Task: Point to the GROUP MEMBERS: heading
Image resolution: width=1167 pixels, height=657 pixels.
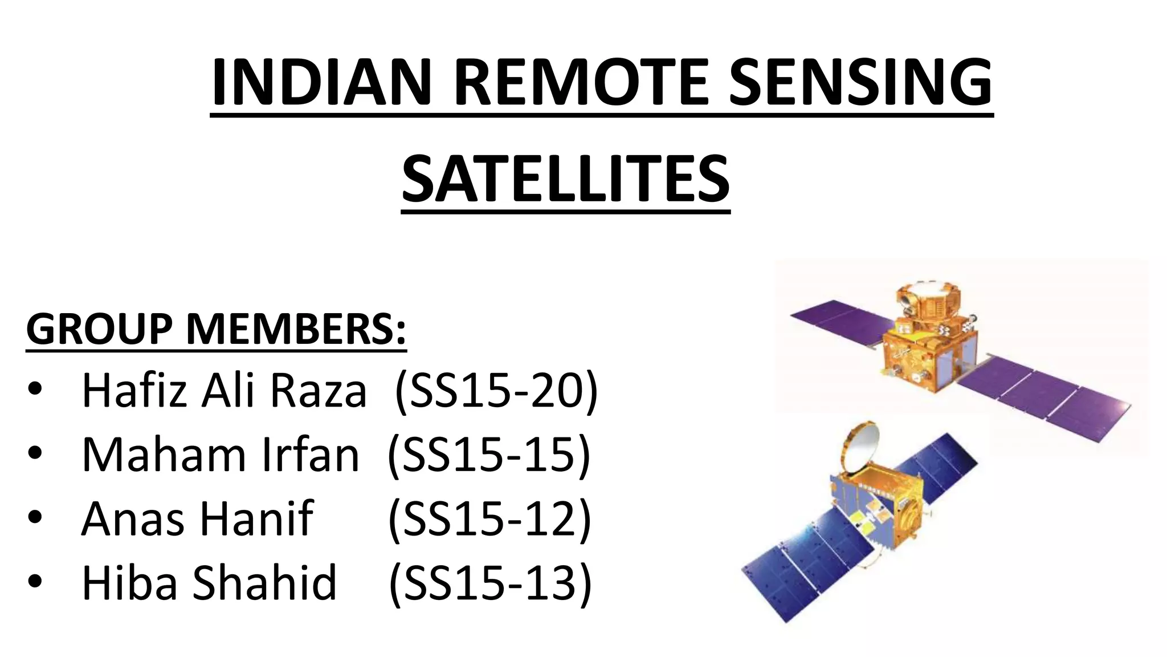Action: point(217,330)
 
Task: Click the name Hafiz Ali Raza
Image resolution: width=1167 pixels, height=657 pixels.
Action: point(224,391)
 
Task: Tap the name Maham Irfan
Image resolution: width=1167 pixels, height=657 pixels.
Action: point(221,455)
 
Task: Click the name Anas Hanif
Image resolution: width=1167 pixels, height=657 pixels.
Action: point(197,518)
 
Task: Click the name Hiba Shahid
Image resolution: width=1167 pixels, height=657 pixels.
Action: point(209,582)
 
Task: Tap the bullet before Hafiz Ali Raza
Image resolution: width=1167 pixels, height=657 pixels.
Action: point(35,390)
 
